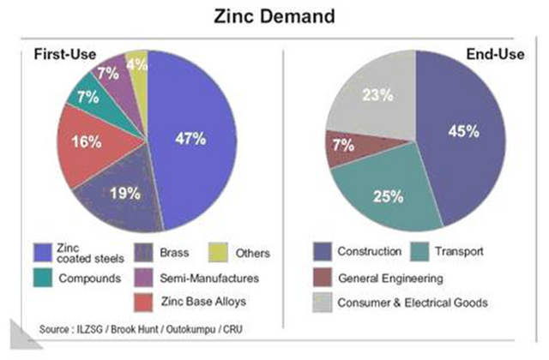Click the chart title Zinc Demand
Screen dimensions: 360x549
tap(274, 17)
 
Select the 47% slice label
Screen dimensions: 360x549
tap(193, 139)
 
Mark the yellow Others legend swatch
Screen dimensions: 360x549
tap(221, 252)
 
